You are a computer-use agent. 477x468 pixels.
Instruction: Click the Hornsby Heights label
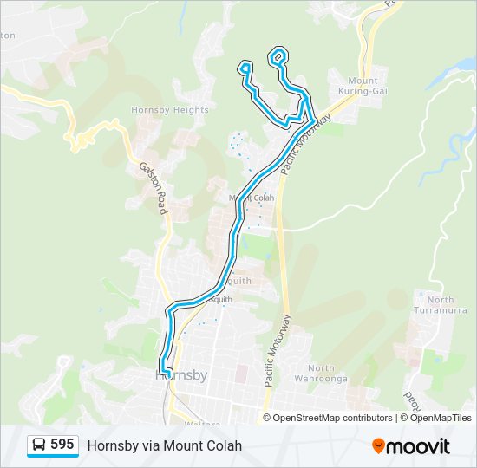point(169,110)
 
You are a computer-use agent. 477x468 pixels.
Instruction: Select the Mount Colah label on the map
point(252,198)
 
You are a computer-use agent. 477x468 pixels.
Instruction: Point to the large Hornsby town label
point(181,375)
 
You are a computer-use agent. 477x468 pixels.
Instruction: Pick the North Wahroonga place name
point(327,374)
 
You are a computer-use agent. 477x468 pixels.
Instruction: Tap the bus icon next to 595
point(39,445)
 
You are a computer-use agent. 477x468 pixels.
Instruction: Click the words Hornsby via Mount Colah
point(164,445)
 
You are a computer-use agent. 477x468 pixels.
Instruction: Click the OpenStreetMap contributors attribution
point(333,418)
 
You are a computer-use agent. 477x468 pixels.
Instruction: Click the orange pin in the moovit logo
point(379,445)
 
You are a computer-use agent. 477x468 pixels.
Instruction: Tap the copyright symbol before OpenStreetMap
point(268,418)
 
